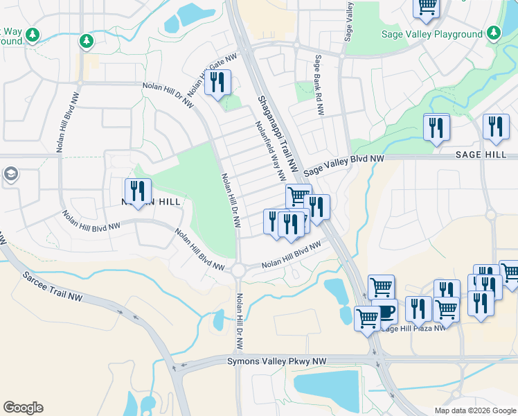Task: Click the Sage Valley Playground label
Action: pos(432,34)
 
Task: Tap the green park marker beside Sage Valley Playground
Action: pos(493,33)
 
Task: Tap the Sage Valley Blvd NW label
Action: pos(343,164)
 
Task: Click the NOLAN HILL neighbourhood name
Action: pos(151,201)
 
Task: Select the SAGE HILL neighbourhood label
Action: pos(481,155)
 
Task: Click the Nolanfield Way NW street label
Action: pos(271,151)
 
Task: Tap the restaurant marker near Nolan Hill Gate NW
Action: pos(218,83)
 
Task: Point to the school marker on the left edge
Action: pos(10,173)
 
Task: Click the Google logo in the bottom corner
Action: pos(23,408)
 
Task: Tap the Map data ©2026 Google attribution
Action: pos(475,410)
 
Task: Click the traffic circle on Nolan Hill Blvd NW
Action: pos(240,268)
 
